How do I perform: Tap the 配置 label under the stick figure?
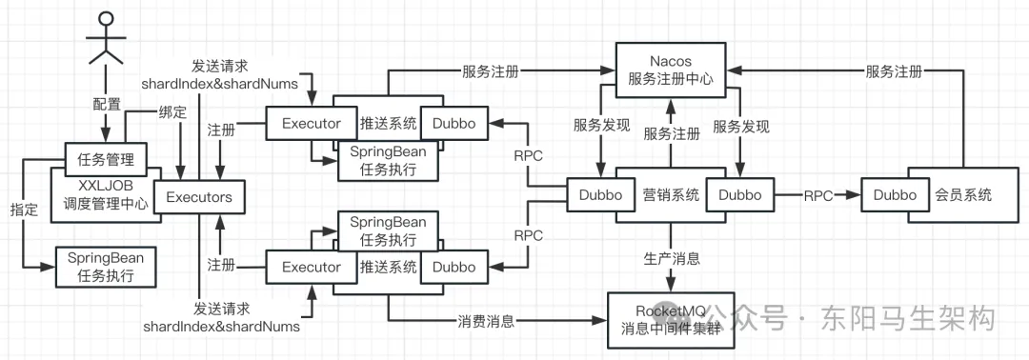(106, 104)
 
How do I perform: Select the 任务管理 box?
(106, 159)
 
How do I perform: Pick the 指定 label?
(24, 210)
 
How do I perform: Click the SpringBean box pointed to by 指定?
(107, 267)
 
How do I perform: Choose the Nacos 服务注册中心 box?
(671, 70)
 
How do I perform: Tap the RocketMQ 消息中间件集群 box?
(670, 319)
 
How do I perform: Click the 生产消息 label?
(671, 258)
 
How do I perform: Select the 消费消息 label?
(486, 321)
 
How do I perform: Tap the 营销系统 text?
(671, 195)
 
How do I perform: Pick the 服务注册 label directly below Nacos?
(672, 134)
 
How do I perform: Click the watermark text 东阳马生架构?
(908, 319)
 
